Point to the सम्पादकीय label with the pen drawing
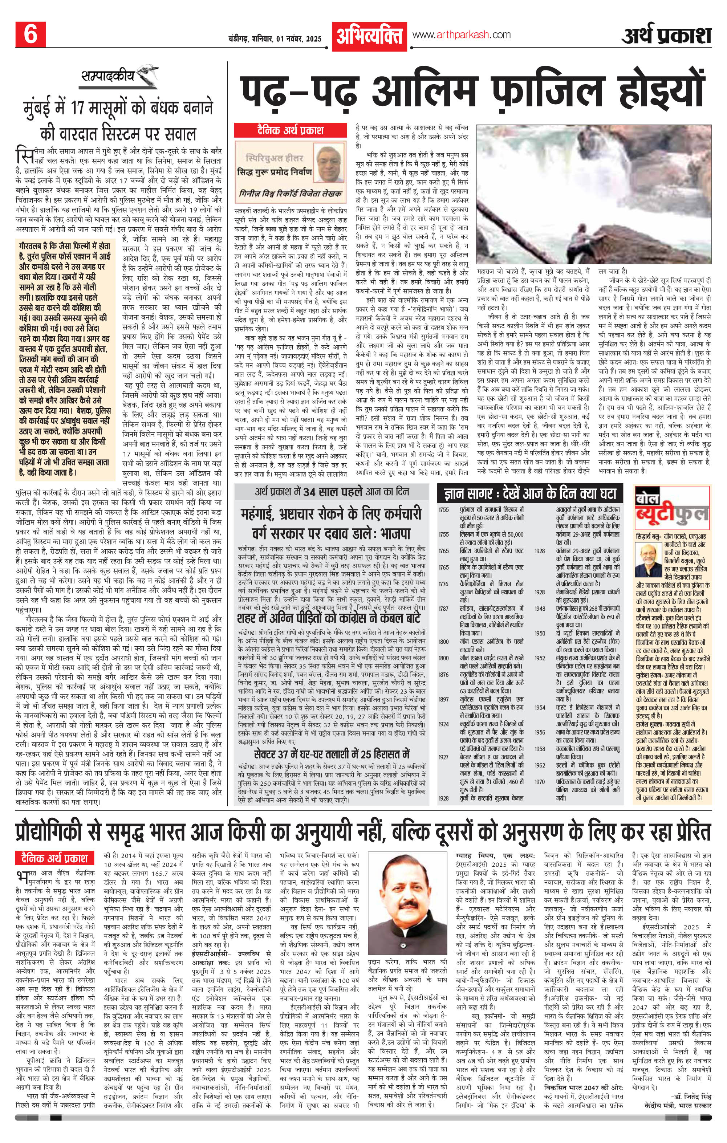tap(109, 77)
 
